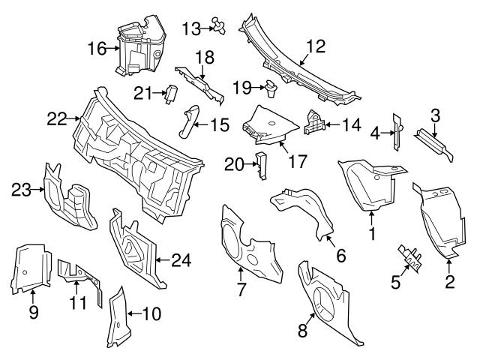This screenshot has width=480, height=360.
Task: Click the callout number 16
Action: [97, 49]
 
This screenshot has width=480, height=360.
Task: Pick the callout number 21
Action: [142, 92]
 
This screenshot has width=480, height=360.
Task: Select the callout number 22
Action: [57, 118]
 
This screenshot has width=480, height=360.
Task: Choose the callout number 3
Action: [434, 115]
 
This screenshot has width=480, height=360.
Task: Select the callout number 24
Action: [181, 261]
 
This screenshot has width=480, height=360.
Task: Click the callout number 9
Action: [33, 313]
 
